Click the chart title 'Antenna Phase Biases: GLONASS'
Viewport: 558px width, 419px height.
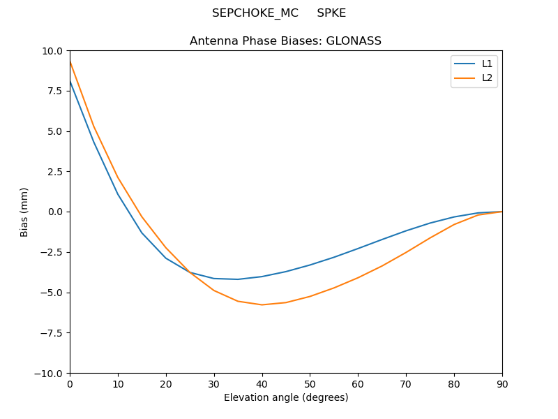(x=285, y=41)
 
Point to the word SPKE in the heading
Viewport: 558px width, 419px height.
(x=331, y=13)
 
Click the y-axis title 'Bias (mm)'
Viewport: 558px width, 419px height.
(x=24, y=212)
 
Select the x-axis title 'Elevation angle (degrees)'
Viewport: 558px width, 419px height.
(x=286, y=397)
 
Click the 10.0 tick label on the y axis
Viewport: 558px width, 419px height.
(x=53, y=51)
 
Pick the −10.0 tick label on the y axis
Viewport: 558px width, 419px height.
(x=50, y=373)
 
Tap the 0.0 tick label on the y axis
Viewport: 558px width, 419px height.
(x=56, y=212)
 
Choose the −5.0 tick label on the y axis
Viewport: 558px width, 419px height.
(x=53, y=293)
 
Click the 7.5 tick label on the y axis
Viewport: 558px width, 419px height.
(x=56, y=91)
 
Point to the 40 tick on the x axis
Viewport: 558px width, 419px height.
(x=262, y=383)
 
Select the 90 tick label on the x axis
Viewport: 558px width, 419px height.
(x=502, y=383)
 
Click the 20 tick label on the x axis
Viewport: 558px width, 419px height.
(x=166, y=383)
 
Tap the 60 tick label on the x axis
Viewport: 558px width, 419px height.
(x=358, y=383)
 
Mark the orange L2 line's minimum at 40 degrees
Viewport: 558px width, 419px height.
(x=262, y=304)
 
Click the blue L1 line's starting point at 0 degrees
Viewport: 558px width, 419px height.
(x=70, y=81)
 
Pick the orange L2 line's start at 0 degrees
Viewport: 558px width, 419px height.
(x=70, y=61)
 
